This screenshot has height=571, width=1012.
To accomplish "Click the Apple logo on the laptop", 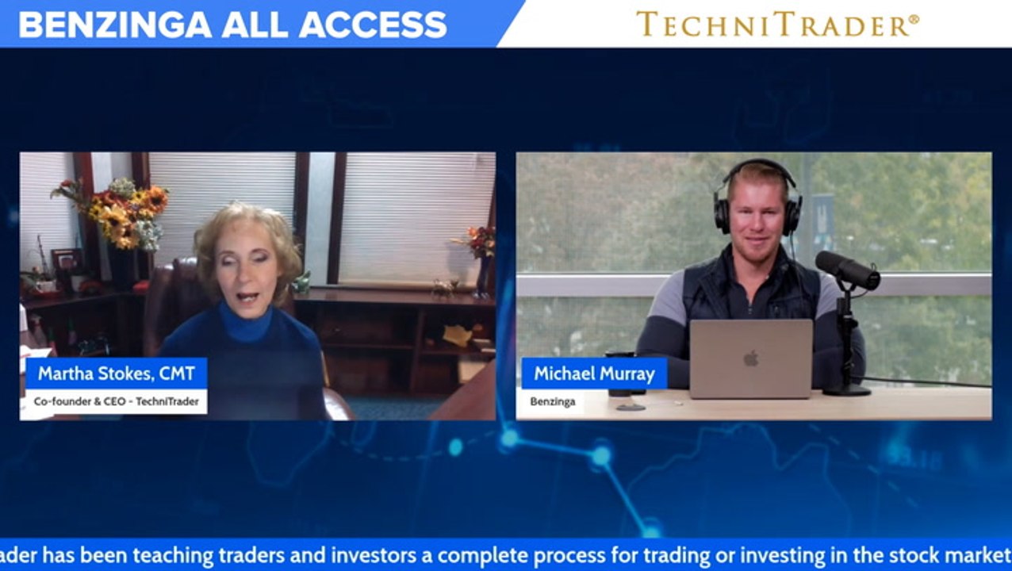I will tap(750, 358).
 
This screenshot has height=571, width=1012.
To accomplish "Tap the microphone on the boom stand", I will tap(847, 270).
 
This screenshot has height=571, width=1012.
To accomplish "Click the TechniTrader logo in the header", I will tap(777, 24).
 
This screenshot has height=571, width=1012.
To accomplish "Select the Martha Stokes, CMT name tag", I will tap(116, 373).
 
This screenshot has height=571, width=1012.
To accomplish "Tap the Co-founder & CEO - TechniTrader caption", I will tap(116, 401).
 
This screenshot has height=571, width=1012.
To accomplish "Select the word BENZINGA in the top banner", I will tap(115, 25).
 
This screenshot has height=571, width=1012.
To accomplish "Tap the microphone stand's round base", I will tap(846, 390).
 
